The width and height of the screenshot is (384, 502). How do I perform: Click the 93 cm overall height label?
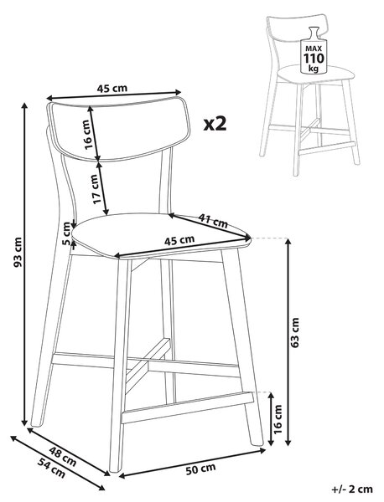18,253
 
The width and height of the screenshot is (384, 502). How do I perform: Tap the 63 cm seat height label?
294,332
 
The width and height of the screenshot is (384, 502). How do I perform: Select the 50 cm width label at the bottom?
201,469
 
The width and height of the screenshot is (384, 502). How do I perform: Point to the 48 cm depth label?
63,457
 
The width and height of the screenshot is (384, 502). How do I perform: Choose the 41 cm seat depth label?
213,221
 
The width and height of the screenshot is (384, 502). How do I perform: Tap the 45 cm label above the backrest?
112,88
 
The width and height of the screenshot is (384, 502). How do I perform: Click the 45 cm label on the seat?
179,240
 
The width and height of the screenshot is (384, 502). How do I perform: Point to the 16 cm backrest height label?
90,135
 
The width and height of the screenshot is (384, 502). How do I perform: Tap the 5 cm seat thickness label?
66,233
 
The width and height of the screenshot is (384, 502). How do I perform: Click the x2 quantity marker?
215,124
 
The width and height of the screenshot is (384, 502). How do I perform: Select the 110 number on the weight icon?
314,59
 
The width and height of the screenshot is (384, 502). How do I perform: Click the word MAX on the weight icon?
314,49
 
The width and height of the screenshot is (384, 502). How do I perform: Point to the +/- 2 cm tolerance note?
352,489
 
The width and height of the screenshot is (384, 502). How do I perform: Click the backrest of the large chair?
118,130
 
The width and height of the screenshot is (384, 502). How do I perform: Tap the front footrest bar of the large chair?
187,407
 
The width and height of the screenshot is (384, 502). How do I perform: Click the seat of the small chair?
316,74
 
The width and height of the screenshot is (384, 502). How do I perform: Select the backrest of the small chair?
297,28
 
